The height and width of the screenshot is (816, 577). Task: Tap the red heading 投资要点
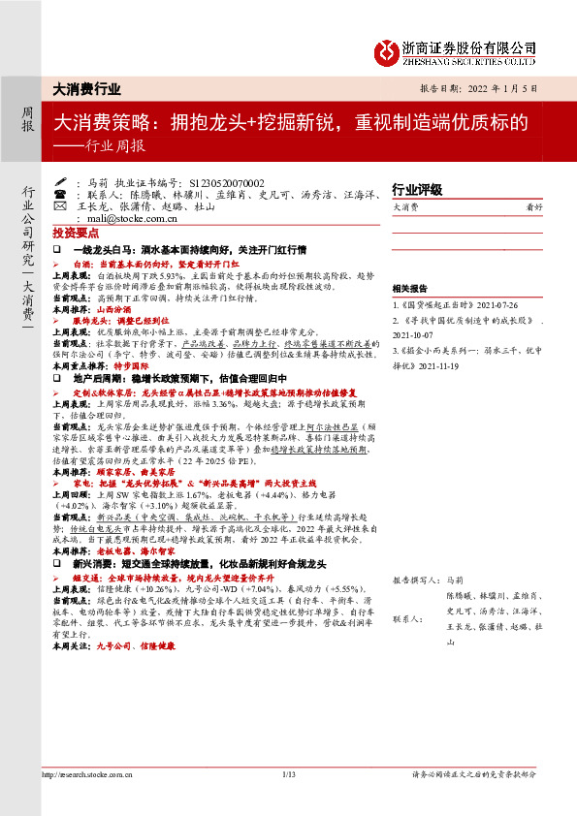coord(76,235)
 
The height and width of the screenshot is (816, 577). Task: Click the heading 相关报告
coord(408,289)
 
